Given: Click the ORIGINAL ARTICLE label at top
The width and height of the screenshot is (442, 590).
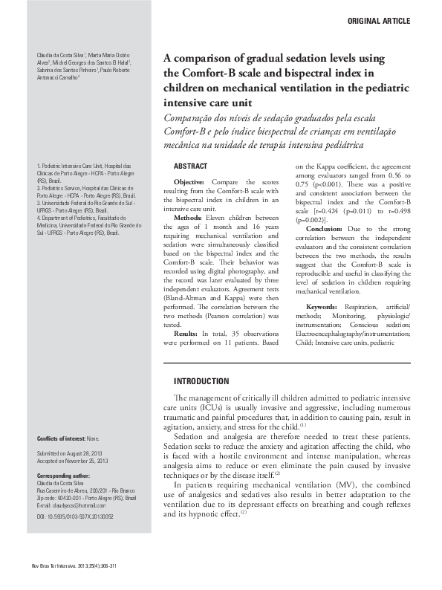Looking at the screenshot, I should point(378,22).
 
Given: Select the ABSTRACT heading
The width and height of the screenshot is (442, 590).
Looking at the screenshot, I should point(190,166).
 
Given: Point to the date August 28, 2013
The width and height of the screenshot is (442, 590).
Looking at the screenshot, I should point(85,453).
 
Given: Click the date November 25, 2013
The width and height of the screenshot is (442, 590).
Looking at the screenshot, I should point(88,461).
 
